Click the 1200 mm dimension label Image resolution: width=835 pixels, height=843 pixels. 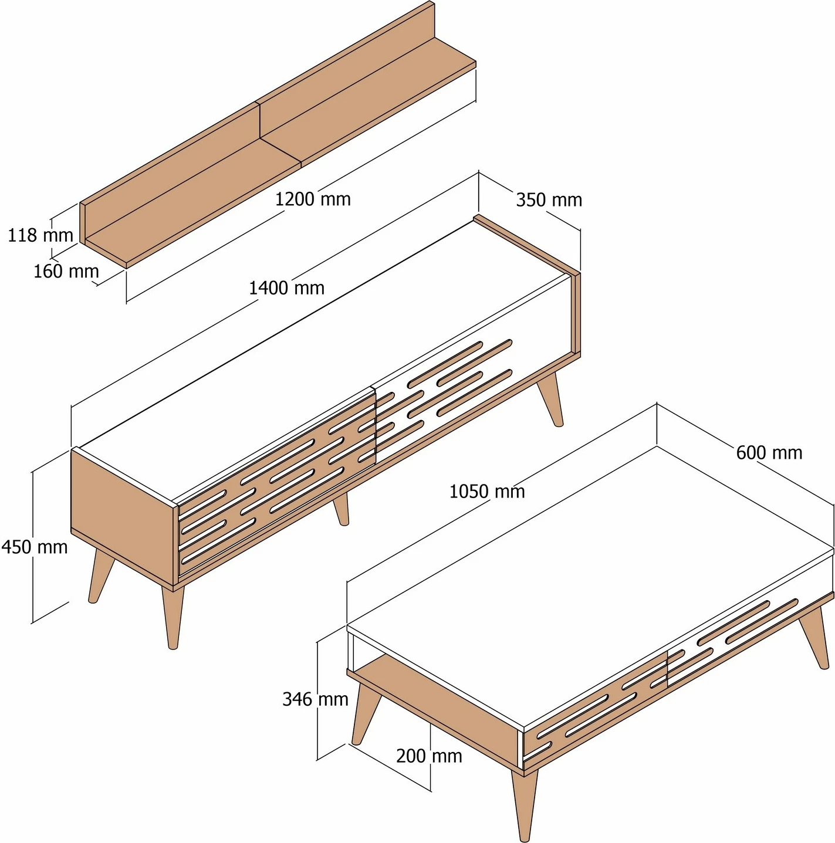click(313, 199)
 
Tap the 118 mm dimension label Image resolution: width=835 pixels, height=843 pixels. click(40, 235)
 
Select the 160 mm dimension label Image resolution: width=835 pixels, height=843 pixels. click(66, 271)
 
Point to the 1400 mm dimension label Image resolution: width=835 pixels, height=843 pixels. click(287, 288)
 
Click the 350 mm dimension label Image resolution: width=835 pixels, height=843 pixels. click(549, 200)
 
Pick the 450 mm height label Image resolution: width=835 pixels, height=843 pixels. click(35, 547)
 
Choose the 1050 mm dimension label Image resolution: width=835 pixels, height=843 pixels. click(487, 491)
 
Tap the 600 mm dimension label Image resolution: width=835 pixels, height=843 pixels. click(769, 452)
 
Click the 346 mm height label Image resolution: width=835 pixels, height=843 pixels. click(315, 699)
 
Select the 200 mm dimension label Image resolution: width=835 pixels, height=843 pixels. click(429, 756)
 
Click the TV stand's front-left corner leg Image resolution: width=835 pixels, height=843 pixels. click(173, 616)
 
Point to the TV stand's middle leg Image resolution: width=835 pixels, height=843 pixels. click(342, 509)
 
